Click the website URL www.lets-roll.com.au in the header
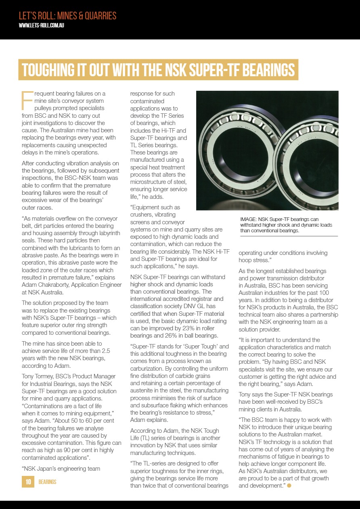point(42,25)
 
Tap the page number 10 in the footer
point(28,482)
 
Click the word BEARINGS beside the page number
point(47,482)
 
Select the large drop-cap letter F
point(26,100)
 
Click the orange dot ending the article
point(289,485)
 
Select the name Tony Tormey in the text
point(38,376)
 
